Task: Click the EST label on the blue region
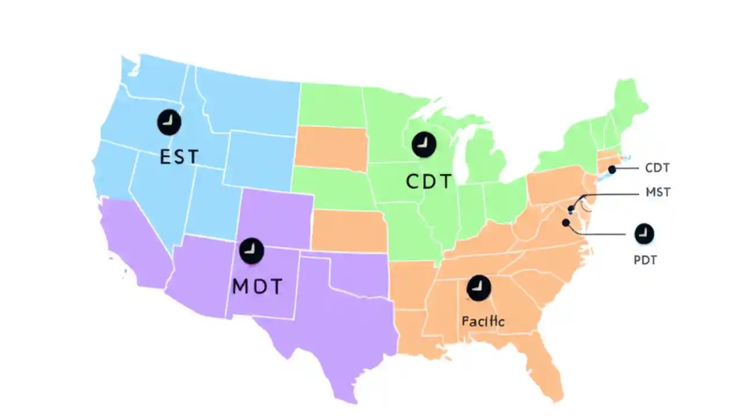coord(179,156)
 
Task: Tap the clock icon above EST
coord(169,122)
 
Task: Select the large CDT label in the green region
coord(428,181)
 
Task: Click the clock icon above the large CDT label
coord(424,144)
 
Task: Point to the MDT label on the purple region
coord(257,286)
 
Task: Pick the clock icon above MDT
coord(251,250)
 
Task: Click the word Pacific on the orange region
coord(483,321)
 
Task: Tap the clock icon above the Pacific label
coord(479,287)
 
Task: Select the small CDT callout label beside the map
coord(657,169)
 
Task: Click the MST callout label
coord(658,192)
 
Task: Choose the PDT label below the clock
coord(645,260)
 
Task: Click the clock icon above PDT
coord(644,234)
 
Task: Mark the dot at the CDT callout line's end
coord(612,170)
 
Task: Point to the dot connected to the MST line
coord(571,209)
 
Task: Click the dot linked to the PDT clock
coord(565,222)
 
